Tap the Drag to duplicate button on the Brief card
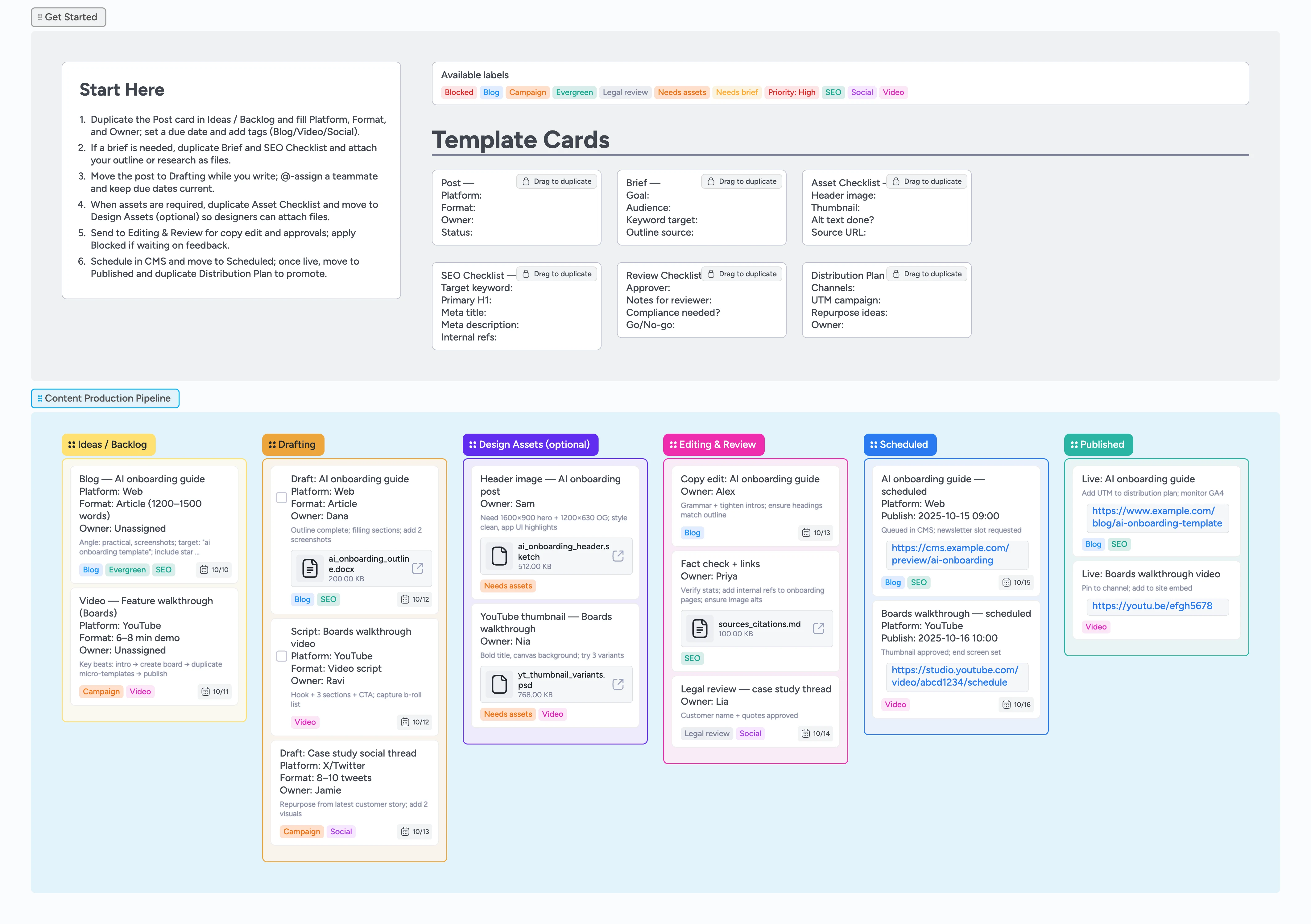click(742, 181)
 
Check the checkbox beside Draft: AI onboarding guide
click(282, 498)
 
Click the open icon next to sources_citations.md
click(818, 628)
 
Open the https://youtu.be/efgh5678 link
click(1152, 606)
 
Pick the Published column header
click(1098, 445)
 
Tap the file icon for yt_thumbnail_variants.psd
click(499, 684)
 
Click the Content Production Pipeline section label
click(105, 398)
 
